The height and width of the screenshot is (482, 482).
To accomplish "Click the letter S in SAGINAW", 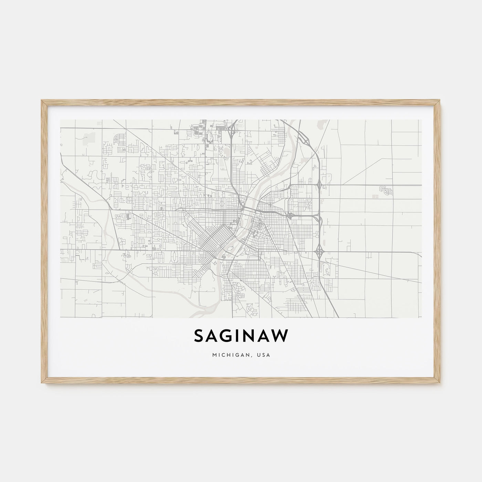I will coord(199,336).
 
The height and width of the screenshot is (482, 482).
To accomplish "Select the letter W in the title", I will coord(281,336).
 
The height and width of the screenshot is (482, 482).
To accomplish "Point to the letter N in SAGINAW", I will coord(251,336).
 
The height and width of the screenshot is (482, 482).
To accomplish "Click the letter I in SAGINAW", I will coord(238,336).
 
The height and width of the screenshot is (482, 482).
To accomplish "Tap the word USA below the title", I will coord(264,354).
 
